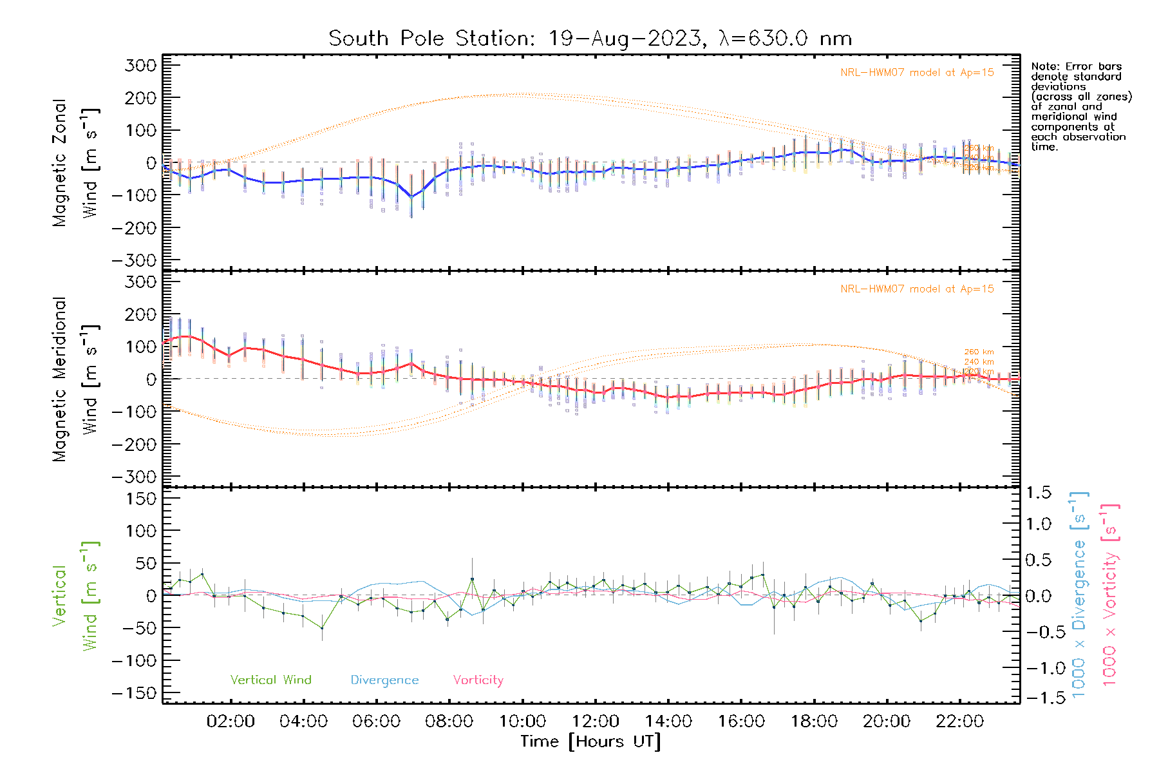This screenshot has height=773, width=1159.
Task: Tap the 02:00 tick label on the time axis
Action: point(231,721)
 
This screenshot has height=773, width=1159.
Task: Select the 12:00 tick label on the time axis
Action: point(596,721)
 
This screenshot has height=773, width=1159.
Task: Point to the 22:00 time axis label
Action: point(960,721)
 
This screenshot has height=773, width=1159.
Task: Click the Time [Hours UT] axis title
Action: point(590,741)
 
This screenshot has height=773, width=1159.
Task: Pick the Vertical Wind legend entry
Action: point(270,680)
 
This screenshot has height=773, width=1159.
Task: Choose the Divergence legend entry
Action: point(384,680)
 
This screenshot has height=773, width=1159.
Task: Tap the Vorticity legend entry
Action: point(478,680)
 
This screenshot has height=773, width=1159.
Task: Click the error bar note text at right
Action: point(1080,106)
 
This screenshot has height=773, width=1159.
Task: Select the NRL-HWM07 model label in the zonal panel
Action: point(917,73)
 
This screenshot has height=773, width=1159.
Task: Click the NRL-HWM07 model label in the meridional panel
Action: point(917,289)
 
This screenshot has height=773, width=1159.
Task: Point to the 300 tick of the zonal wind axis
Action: point(141,65)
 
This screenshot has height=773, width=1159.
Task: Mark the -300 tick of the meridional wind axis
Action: point(134,477)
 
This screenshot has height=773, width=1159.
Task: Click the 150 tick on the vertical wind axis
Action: point(141,499)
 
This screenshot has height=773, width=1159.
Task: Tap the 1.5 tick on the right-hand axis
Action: point(1038,493)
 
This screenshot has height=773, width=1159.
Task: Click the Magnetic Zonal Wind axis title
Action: point(76,162)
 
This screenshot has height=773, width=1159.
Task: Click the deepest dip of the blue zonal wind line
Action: point(411,196)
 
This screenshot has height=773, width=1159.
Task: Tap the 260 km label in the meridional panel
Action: point(979,352)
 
